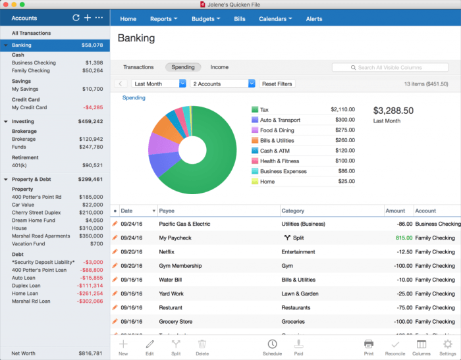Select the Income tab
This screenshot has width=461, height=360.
point(219,67)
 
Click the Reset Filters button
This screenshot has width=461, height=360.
point(278,84)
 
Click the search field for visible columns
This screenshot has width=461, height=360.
point(391,68)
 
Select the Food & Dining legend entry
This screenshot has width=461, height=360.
point(277,130)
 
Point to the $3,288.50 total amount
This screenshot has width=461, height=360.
point(393,111)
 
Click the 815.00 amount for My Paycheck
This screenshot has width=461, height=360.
point(404,238)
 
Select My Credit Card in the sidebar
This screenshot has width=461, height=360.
point(30,107)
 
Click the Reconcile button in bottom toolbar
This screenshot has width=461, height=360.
point(395,347)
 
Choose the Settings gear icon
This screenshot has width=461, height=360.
point(447,347)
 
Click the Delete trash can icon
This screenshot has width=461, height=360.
point(202,347)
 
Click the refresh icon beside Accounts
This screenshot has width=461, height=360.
point(76,18)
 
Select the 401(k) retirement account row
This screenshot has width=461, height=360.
point(22,165)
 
